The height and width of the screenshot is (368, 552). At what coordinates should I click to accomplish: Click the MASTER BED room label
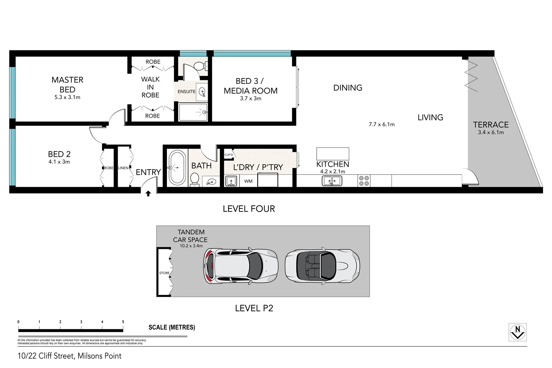(67, 85)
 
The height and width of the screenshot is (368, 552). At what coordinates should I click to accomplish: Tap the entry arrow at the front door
(148, 194)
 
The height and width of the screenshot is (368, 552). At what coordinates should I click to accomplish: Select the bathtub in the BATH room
(177, 168)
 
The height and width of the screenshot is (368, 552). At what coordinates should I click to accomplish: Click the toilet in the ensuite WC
(199, 66)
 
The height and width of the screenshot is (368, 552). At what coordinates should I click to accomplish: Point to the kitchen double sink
(332, 181)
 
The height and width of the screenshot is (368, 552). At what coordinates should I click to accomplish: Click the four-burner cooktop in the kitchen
(364, 181)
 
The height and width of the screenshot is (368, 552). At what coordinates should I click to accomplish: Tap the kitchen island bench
(333, 154)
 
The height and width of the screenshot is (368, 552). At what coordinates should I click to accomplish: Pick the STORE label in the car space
(164, 273)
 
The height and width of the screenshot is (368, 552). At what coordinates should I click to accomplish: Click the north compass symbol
(517, 332)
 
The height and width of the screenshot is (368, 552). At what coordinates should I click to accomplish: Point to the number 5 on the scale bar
(123, 322)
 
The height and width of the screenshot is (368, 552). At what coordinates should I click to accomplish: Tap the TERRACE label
(491, 125)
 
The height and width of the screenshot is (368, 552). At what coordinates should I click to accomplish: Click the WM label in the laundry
(248, 181)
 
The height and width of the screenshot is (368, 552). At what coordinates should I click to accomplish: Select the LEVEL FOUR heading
(249, 209)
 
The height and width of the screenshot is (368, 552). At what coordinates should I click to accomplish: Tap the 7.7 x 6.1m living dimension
(382, 124)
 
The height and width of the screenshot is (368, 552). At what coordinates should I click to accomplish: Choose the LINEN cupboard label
(123, 168)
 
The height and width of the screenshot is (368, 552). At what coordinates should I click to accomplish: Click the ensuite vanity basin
(202, 92)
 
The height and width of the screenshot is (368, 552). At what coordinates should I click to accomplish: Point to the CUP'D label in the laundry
(229, 155)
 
